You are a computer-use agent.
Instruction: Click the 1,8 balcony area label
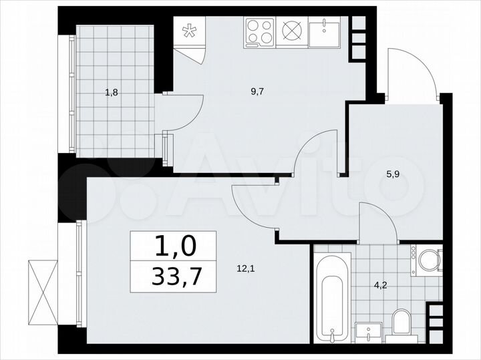pos(112,94)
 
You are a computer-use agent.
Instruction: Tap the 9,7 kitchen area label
pos(256,94)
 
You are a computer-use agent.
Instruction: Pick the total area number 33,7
pos(173,277)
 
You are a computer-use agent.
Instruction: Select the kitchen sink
pos(325,31)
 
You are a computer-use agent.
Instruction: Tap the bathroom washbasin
pos(368,330)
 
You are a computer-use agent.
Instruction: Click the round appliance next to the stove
pos(293,30)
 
